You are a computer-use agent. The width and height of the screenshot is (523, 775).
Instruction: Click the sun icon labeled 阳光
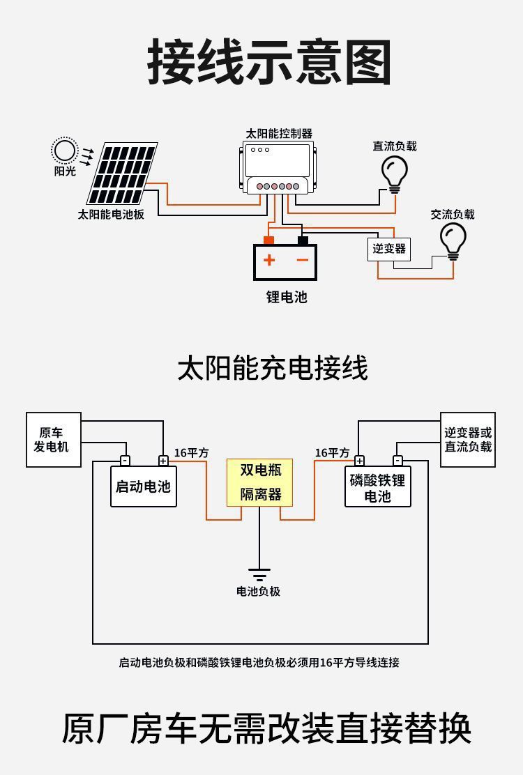64,151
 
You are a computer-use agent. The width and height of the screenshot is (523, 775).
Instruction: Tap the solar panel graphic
123,173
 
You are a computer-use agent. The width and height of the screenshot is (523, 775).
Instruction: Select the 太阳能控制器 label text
279,133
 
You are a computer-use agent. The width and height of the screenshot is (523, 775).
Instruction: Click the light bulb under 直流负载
394,172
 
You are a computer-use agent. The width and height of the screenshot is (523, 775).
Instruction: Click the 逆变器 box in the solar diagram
389,249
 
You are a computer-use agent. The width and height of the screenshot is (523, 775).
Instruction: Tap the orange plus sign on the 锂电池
269,261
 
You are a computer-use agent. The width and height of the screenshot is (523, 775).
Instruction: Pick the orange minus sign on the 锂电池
302,261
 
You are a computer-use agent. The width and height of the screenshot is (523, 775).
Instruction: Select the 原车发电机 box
54,440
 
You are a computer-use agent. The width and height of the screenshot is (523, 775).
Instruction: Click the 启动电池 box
143,486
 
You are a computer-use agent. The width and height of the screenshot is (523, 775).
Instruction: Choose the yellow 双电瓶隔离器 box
260,482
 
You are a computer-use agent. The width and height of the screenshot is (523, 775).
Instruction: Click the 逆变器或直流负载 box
468,440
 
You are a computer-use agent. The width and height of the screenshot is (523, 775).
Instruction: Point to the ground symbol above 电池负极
259,574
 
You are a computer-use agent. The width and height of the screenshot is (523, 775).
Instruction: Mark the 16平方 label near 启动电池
191,453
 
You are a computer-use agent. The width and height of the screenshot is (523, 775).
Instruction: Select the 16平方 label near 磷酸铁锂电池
332,453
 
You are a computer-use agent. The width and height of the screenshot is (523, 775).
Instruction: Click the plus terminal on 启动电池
163,461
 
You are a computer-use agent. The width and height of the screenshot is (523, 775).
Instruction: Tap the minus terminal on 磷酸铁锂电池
397,461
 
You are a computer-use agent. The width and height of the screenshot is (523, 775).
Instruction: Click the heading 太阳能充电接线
272,368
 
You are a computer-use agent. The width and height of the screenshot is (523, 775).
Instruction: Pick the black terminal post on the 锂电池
303,240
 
